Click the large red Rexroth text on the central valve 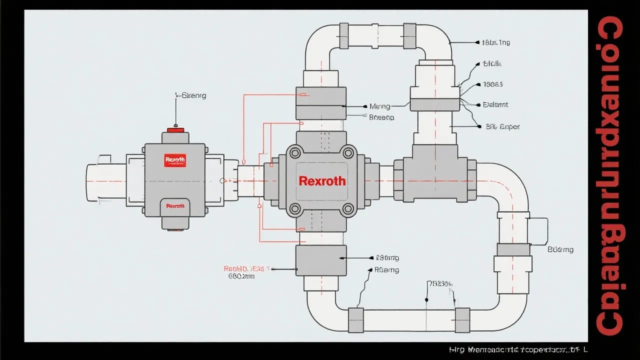coord(322,181)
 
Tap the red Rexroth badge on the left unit coord(175,160)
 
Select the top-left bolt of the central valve coord(295,152)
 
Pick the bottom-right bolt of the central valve coord(348,208)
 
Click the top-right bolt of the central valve coord(348,152)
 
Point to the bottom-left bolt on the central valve coord(295,208)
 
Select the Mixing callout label coord(379,106)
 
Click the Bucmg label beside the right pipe coord(560,249)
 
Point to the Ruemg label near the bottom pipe coord(387,269)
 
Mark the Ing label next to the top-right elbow coord(495,43)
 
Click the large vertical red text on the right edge coord(610,175)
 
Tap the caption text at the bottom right coord(517,350)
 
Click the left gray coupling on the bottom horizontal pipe coord(355,320)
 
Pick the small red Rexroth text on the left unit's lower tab coord(175,205)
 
